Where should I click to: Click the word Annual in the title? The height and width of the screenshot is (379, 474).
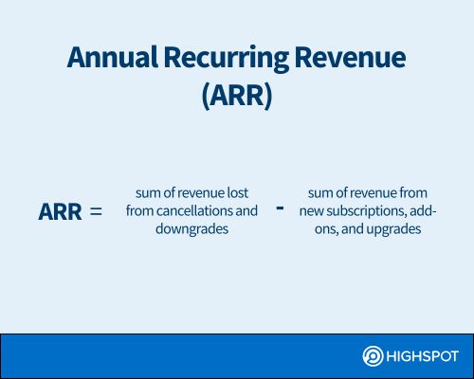[x=112, y=58]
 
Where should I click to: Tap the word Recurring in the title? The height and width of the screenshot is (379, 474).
[x=227, y=60]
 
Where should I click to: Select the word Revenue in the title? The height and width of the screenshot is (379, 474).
[x=350, y=58]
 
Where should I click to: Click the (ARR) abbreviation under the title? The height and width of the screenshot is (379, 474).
[x=237, y=96]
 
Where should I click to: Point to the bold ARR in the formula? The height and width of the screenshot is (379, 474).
[x=60, y=211]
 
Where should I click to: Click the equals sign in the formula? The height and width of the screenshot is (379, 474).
[x=96, y=211]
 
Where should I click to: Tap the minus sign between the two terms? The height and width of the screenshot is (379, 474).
[x=280, y=208]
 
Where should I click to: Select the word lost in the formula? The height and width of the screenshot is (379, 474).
[x=238, y=192]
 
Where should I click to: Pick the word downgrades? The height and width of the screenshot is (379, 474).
[x=191, y=229]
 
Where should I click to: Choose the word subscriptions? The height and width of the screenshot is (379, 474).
[x=366, y=211]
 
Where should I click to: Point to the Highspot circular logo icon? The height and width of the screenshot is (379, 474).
[x=373, y=356]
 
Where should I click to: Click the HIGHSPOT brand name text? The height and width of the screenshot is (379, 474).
[x=422, y=356]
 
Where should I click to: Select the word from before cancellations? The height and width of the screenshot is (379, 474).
[x=139, y=210]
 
